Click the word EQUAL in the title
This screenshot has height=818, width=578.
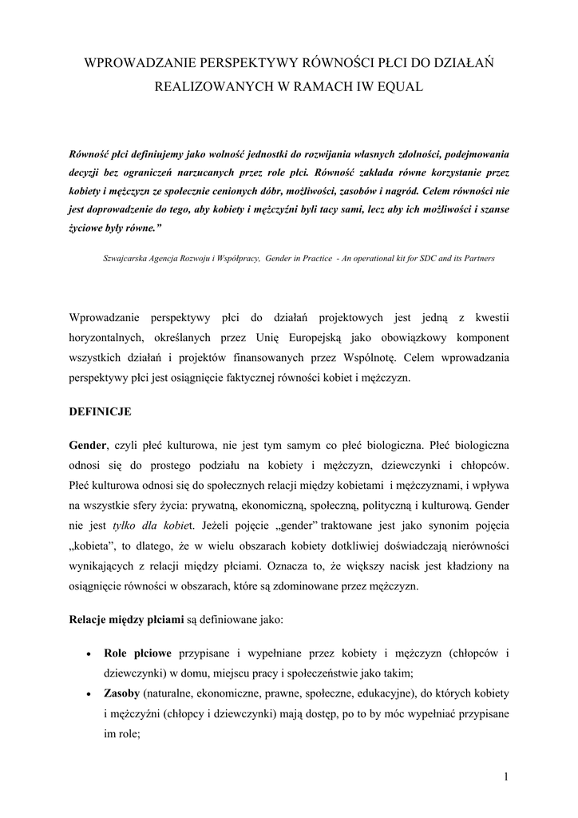[404, 84]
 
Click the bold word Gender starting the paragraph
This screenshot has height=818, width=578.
[87, 443]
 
